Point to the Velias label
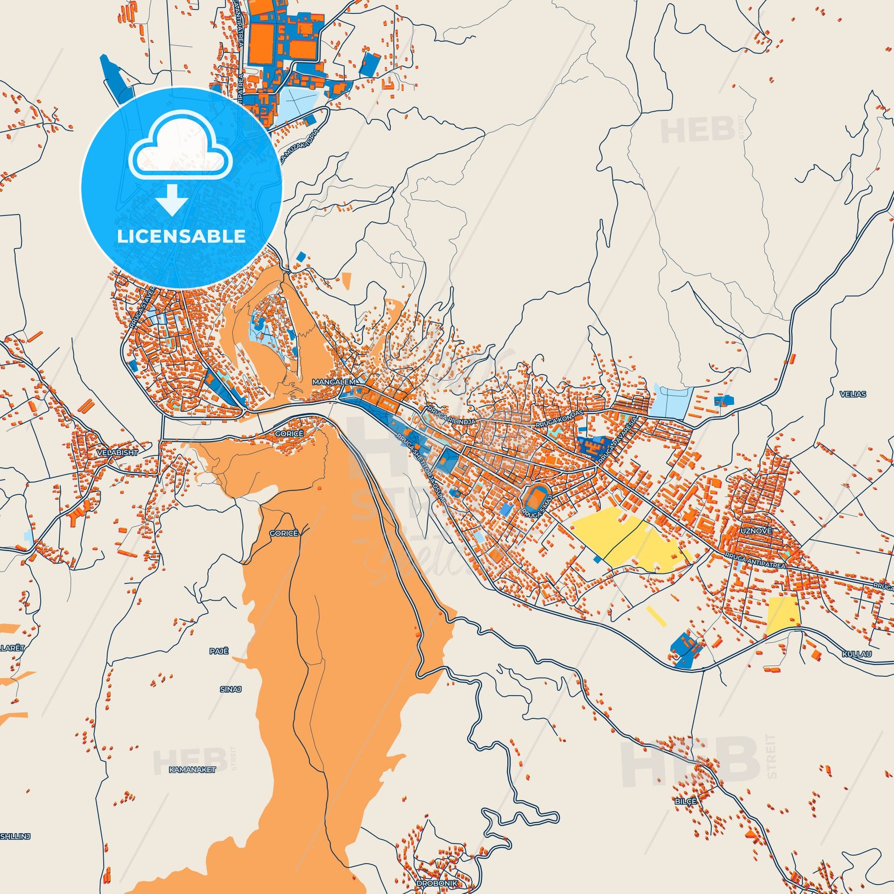[x=854, y=394]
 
